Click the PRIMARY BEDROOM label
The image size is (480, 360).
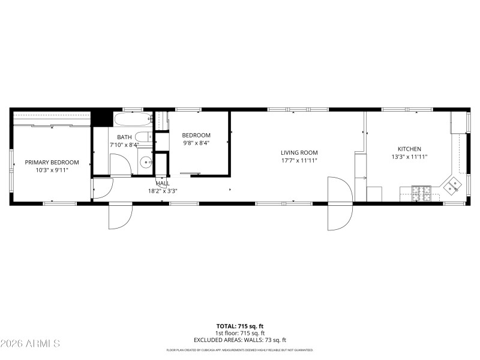52,162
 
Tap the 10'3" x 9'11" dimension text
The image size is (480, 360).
52,170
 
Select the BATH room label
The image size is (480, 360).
124,137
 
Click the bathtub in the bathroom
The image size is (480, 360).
133,118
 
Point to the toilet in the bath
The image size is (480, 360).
143,136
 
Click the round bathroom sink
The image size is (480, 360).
145,161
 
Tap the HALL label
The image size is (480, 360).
163,184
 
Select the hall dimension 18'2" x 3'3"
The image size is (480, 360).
163,191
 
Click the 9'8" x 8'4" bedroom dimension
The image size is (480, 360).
196,143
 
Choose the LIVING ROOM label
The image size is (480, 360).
299,152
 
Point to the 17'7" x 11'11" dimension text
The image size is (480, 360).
299,160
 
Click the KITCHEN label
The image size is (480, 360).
409,149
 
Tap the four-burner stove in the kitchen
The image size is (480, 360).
421,193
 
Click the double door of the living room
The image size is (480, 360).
340,204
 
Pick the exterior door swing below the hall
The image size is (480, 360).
120,216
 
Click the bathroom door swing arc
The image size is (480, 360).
121,164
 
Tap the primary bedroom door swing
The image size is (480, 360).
100,188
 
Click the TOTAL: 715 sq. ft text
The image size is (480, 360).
240,326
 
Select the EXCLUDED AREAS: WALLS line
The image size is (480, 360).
240,340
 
